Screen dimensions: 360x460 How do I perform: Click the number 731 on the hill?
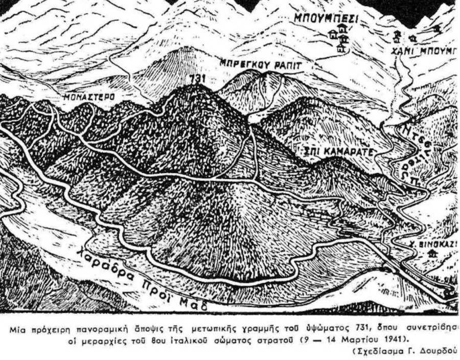click(x=196, y=79)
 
